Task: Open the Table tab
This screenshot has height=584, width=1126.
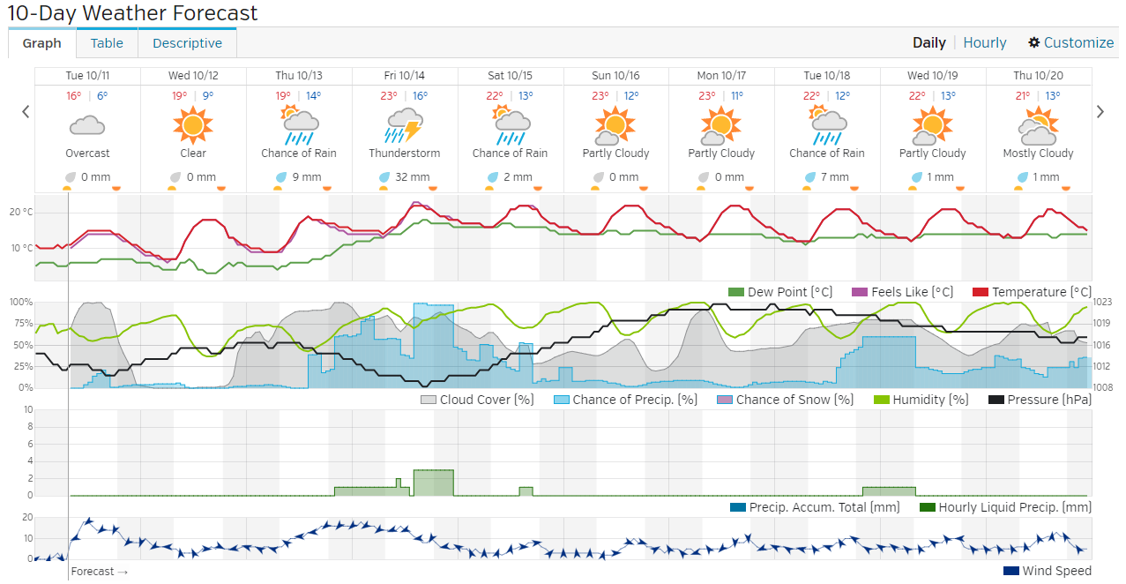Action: point(107,42)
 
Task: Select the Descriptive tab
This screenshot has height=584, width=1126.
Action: point(187,42)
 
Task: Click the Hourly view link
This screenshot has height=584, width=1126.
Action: point(984,42)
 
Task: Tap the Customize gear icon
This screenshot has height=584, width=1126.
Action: point(1034,42)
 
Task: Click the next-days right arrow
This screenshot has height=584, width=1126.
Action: point(1100,111)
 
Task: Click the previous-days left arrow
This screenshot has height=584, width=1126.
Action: point(26,111)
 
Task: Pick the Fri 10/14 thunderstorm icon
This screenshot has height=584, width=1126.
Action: point(404,125)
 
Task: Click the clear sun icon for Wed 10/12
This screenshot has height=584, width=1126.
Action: point(192,125)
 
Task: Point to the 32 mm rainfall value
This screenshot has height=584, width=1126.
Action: point(412,176)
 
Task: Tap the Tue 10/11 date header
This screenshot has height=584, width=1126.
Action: point(86,75)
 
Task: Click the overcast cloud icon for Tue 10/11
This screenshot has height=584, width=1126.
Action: point(86,126)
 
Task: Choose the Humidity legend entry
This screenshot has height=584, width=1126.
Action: point(921,400)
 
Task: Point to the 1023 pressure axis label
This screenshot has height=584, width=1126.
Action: point(1102,302)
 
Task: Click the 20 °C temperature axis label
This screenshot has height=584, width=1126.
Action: point(21,212)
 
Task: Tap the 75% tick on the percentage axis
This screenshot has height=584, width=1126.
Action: point(20,323)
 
